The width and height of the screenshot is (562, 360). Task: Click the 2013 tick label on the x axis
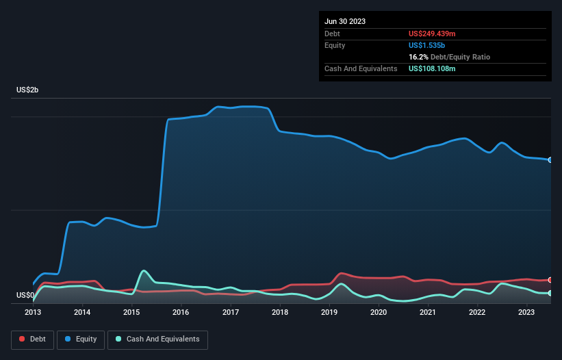tap(33, 312)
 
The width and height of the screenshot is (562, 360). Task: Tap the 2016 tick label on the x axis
tap(181, 312)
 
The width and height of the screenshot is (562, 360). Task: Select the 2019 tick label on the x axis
tap(329, 312)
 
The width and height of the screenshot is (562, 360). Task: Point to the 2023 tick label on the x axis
tap(526, 312)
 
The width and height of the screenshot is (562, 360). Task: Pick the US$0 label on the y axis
tap(25, 296)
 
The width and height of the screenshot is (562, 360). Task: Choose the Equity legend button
tap(81, 339)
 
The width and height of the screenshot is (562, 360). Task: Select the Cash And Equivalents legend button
tap(157, 339)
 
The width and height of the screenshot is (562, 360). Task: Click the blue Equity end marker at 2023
tap(550, 160)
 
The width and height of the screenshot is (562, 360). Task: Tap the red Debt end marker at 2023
tap(550, 280)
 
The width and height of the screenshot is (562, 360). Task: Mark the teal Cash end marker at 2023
tap(550, 293)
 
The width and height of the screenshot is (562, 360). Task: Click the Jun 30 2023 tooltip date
tap(345, 21)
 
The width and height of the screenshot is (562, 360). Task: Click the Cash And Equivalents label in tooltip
tap(361, 68)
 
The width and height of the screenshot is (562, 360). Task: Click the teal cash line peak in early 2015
tap(144, 271)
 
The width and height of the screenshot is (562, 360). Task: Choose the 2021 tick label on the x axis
tap(428, 312)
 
